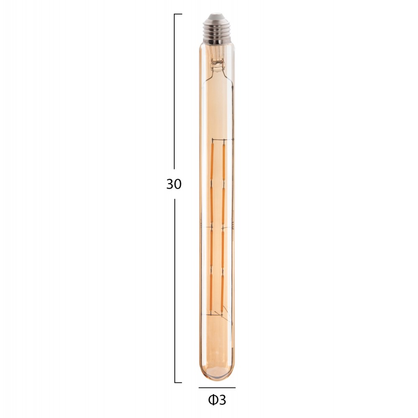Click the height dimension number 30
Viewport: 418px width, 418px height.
(174, 184)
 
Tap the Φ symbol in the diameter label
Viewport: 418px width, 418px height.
(213, 400)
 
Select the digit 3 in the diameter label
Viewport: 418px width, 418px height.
(222, 400)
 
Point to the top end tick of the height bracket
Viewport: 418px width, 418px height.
(178, 14)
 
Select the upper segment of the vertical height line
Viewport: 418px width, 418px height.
(174, 92)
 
